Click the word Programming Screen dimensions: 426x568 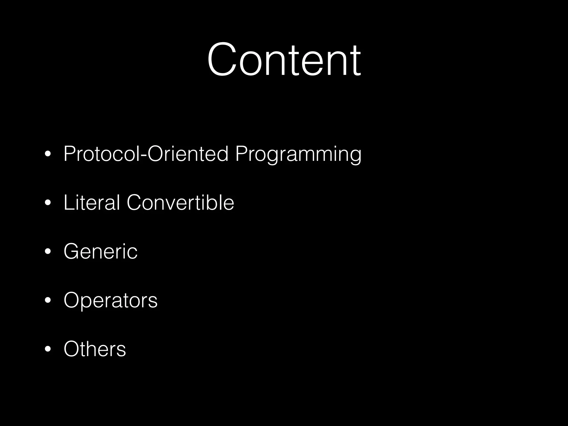coord(298,154)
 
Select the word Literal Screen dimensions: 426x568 coord(92,202)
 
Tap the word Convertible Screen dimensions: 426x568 coord(180,202)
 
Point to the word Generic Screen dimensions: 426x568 coord(100,251)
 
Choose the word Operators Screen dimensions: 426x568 coord(110,300)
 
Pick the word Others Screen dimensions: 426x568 coord(95,349)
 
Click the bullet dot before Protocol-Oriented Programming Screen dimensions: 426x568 coord(48,154)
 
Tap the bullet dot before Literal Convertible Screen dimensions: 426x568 coord(48,203)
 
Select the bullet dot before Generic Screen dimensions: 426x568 coord(48,252)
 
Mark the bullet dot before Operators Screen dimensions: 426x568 coord(48,301)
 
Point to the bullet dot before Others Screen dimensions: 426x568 coord(48,349)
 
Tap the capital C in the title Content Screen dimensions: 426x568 coord(222,59)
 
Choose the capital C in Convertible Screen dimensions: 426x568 coord(135,202)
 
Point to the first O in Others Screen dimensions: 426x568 coord(73,349)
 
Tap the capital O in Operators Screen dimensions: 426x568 coord(73,300)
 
